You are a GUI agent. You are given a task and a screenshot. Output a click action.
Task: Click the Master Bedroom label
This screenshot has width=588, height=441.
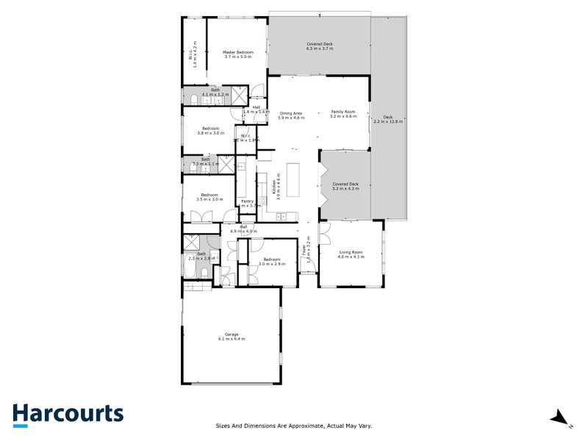[237, 54]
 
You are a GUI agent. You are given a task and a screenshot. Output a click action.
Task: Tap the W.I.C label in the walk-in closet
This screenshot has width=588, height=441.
[195, 53]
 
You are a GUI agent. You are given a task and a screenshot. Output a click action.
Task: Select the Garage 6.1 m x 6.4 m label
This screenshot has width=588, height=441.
[231, 337]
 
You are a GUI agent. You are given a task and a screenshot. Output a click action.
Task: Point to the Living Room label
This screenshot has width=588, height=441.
[351, 254]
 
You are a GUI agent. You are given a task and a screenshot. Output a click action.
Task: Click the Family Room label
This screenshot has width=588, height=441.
[343, 114]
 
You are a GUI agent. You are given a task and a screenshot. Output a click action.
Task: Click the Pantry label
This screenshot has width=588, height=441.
[248, 204]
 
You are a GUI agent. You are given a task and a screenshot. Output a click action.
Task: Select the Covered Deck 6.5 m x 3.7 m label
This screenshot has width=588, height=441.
[320, 46]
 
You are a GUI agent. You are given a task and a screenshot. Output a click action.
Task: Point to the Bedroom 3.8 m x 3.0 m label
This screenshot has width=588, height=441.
[209, 130]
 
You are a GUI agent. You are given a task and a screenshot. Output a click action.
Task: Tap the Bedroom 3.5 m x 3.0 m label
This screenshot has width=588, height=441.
[209, 197]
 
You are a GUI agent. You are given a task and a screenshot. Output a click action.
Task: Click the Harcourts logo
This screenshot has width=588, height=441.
[68, 414]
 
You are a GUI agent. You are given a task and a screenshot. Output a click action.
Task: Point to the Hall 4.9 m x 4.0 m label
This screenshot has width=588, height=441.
[243, 229]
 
